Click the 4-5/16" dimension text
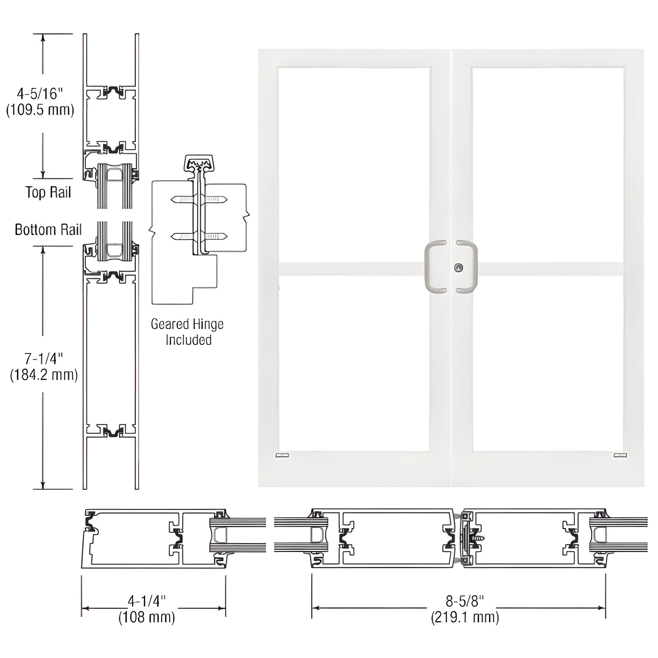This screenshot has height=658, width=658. [40, 94]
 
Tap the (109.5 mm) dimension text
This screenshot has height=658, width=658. [40, 110]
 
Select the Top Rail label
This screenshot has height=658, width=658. [48, 192]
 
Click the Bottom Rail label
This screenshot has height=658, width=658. [48, 230]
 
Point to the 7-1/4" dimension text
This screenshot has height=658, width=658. [44, 359]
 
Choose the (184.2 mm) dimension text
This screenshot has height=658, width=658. [44, 375]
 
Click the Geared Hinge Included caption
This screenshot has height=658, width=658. [187, 332]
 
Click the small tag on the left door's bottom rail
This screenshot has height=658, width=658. [282, 455]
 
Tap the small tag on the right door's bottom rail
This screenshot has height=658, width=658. [620, 455]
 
